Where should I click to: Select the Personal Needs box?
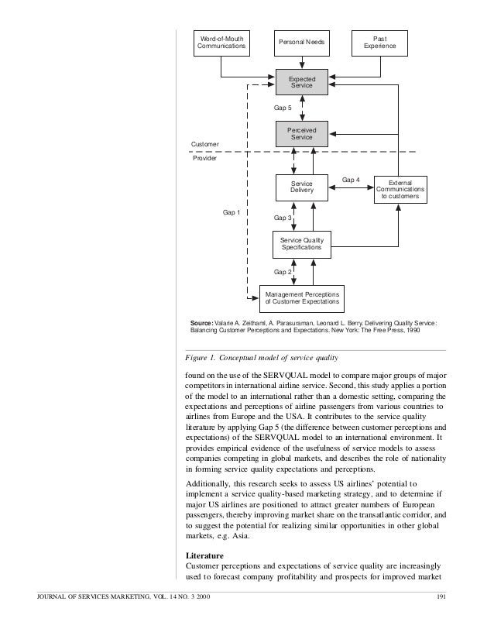(301, 43)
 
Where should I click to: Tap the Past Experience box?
(379, 43)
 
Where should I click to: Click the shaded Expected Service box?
(301, 82)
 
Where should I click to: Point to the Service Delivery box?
(301, 187)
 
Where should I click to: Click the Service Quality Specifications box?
(301, 243)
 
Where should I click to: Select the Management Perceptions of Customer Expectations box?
(301, 298)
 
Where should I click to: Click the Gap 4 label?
(351, 180)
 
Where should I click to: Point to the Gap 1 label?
(232, 211)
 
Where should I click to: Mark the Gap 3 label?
(283, 218)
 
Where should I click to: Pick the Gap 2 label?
(283, 272)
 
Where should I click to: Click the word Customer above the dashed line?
(205, 145)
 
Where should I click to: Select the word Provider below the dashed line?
(204, 158)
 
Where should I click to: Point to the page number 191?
(443, 595)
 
